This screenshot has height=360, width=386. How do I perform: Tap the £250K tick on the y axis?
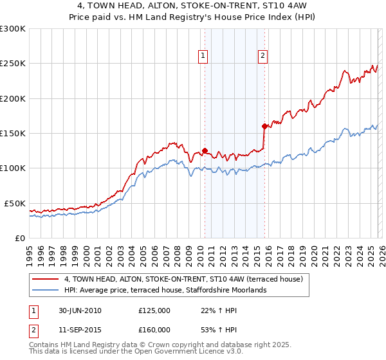click(x=13, y=64)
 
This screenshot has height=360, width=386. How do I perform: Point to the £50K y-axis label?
click(x=15, y=203)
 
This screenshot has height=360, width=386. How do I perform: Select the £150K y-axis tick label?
click(x=13, y=133)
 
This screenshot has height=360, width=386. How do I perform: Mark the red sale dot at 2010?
click(x=205, y=151)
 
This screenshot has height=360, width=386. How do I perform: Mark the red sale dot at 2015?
click(x=264, y=127)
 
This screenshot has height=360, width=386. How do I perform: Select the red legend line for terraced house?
click(x=46, y=280)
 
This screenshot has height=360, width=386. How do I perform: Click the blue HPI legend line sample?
click(x=46, y=291)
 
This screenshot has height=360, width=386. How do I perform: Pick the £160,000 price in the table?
click(x=154, y=330)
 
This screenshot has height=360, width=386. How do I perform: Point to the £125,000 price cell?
click(x=154, y=310)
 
